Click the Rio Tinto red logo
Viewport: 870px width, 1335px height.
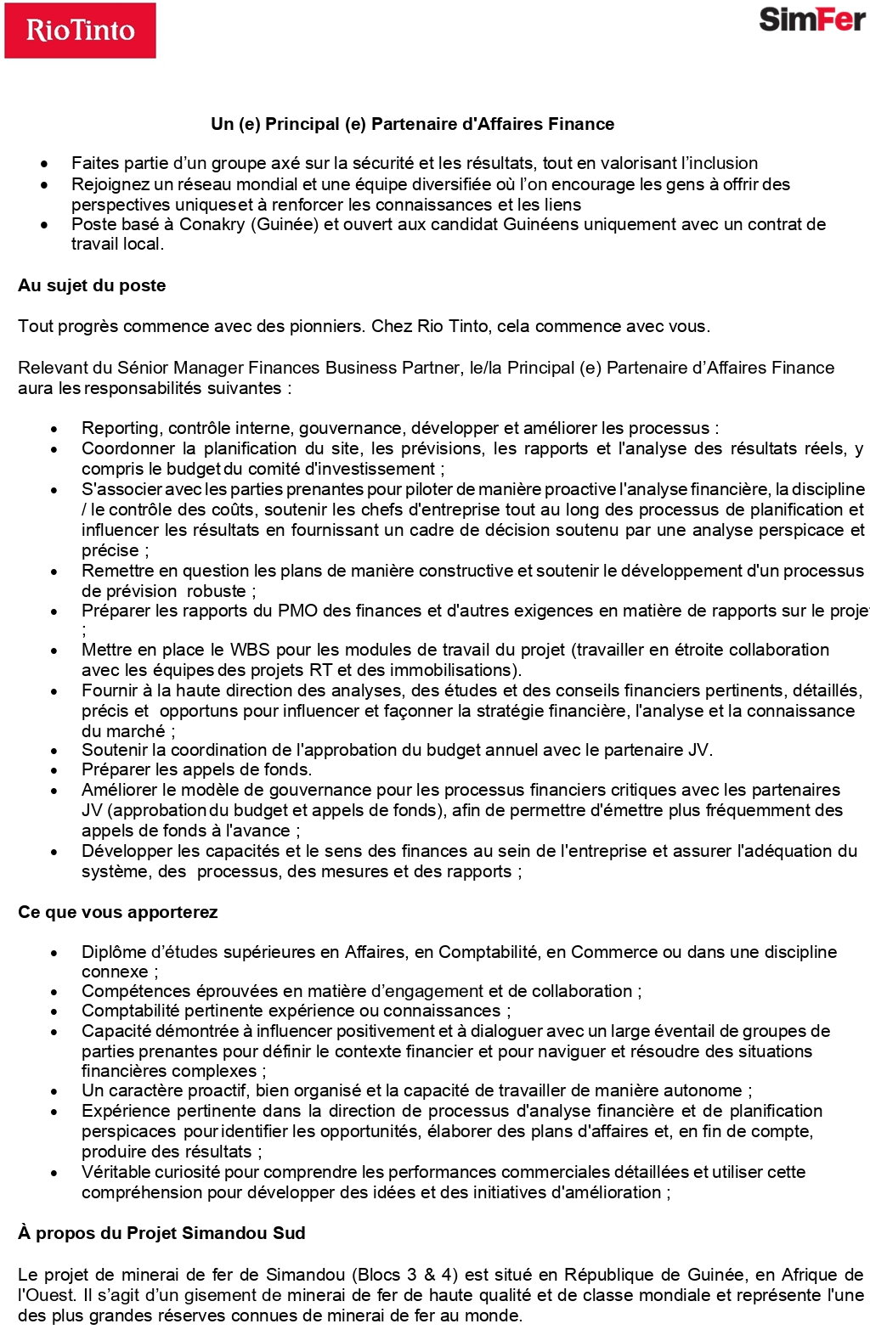[80, 31]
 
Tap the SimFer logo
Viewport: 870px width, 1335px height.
[811, 19]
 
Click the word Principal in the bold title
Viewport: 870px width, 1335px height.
[302, 124]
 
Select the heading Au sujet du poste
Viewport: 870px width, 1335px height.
[92, 285]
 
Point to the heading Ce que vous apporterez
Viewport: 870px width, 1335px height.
[117, 912]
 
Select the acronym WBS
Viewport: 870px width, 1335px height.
[250, 650]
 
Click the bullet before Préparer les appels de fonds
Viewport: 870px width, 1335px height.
[54, 770]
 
